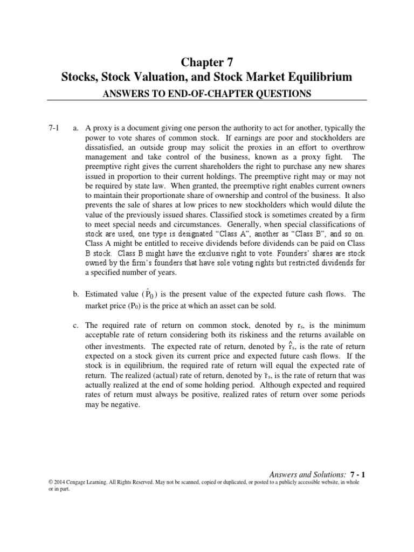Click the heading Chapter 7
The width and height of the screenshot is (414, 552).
207,61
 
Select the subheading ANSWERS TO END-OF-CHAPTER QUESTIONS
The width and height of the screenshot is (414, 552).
207,94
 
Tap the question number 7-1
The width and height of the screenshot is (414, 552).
54,128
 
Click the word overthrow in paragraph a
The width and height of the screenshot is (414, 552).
347,148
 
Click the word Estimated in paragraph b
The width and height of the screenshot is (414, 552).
104,294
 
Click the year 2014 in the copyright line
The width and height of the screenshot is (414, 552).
58,483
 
